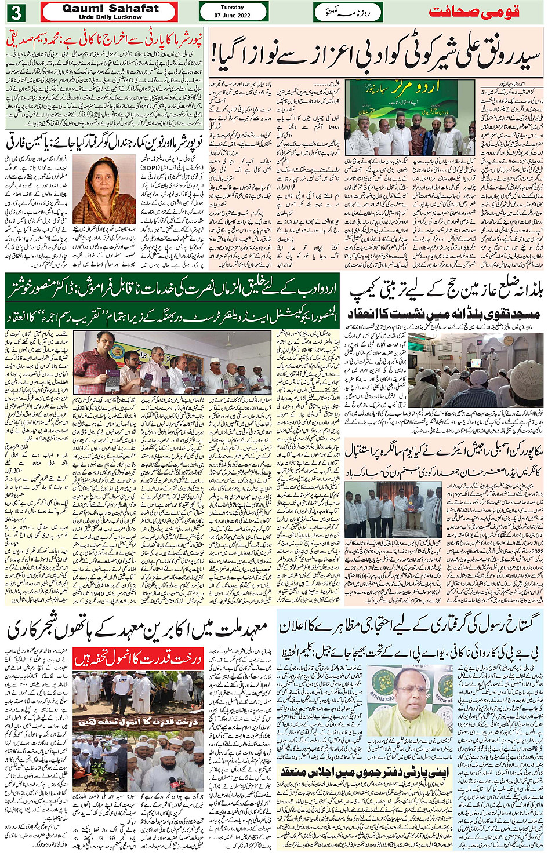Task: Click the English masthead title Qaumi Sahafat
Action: (110, 9)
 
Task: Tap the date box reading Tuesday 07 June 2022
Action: (232, 12)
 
